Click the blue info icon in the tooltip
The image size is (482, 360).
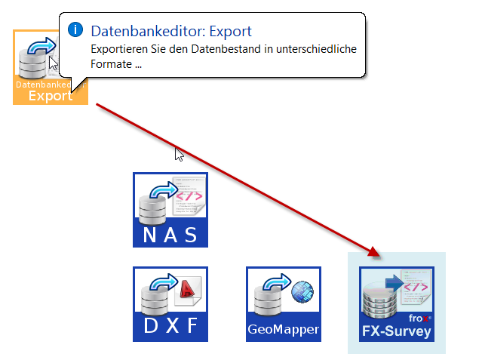point(75,29)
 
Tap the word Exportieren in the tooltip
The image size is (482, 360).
point(121,49)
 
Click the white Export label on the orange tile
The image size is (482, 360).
point(51,96)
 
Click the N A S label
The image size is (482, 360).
point(170,235)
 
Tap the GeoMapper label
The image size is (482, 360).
point(284,330)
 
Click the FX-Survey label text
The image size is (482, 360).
point(396,331)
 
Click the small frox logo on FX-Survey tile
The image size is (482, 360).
point(419,318)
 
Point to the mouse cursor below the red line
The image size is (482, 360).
point(180,154)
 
